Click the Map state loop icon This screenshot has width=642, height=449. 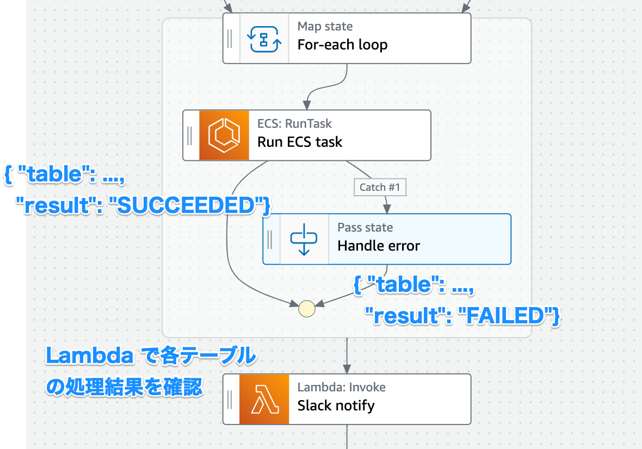pyautogui.click(x=265, y=39)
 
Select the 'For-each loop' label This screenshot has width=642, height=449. pyautogui.click(x=342, y=45)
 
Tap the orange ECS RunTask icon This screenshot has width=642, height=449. pyautogui.click(x=224, y=135)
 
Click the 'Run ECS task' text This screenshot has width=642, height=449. pyautogui.click(x=300, y=142)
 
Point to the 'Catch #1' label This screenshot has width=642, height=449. pyautogui.click(x=380, y=188)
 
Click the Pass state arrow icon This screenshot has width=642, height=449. pyautogui.click(x=304, y=239)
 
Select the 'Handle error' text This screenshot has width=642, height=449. pyautogui.click(x=379, y=246)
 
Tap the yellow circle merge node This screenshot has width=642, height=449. pyautogui.click(x=307, y=308)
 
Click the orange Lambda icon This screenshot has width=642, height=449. pyautogui.click(x=264, y=399)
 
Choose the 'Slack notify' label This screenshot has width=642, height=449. pyautogui.click(x=336, y=406)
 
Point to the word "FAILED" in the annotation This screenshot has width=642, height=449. pyautogui.click(x=503, y=315)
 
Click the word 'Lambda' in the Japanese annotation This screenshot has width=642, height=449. pyautogui.click(x=89, y=357)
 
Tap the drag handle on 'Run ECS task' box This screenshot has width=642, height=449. pyautogui.click(x=189, y=135)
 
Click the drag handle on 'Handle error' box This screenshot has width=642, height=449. pyautogui.click(x=270, y=239)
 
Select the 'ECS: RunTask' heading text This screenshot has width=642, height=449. pyautogui.click(x=294, y=123)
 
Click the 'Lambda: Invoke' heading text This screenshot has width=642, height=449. pyautogui.click(x=341, y=387)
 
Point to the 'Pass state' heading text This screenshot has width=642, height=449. pyautogui.click(x=365, y=227)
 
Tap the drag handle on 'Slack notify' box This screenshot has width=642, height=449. pyautogui.click(x=230, y=399)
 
